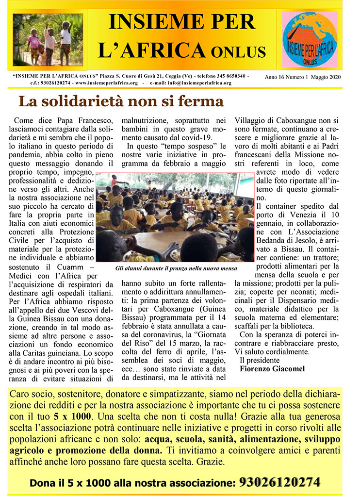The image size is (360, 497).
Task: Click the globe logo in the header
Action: [x=310, y=39]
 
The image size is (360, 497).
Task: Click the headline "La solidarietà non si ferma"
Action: [x=121, y=101]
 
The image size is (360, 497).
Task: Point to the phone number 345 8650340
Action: [x=231, y=77]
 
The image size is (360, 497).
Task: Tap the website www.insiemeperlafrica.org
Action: [x=104, y=83]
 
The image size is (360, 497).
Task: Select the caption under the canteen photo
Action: [x=176, y=267]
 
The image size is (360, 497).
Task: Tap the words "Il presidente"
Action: [x=260, y=360]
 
